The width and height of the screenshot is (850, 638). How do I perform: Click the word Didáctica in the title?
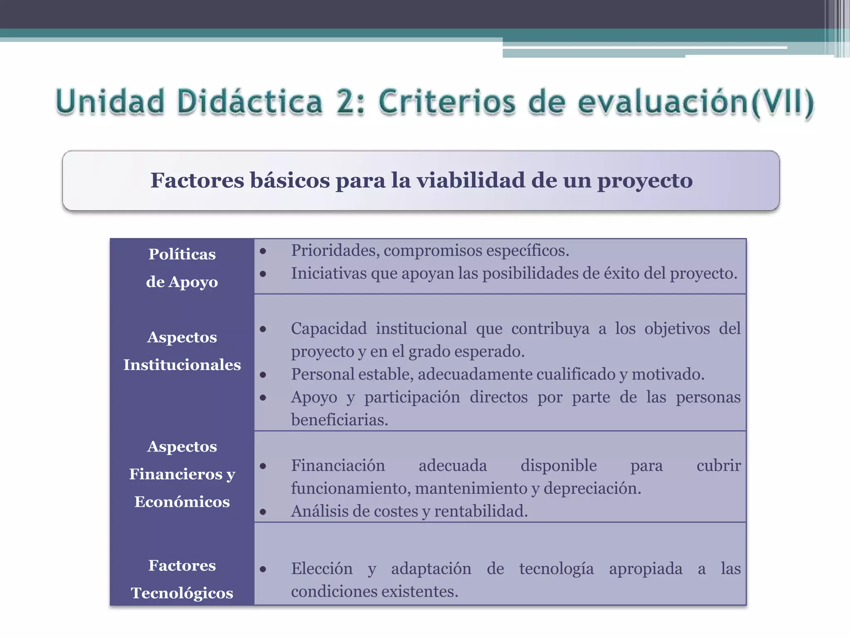pyautogui.click(x=249, y=102)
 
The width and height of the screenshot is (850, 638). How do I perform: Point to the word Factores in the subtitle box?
pyautogui.click(x=197, y=180)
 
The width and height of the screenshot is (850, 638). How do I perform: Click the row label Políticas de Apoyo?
pyautogui.click(x=182, y=267)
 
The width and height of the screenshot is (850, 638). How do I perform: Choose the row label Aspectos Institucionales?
pyautogui.click(x=182, y=351)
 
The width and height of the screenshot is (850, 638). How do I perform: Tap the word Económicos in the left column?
pyautogui.click(x=182, y=502)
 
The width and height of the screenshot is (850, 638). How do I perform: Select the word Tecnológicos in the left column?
pyautogui.click(x=182, y=593)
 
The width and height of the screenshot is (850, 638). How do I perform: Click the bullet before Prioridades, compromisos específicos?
pyautogui.click(x=263, y=251)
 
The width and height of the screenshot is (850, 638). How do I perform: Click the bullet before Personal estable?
pyautogui.click(x=263, y=375)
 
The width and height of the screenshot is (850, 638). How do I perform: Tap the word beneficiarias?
pyautogui.click(x=339, y=420)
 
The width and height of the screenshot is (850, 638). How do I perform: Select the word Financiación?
pyautogui.click(x=338, y=466)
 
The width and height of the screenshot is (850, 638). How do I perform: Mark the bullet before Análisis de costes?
pyautogui.click(x=263, y=512)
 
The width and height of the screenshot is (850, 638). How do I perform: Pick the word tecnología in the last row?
pyautogui.click(x=556, y=569)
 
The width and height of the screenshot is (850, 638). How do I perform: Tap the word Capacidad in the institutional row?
pyautogui.click(x=329, y=329)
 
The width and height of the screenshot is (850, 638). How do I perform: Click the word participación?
pyautogui.click(x=412, y=397)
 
